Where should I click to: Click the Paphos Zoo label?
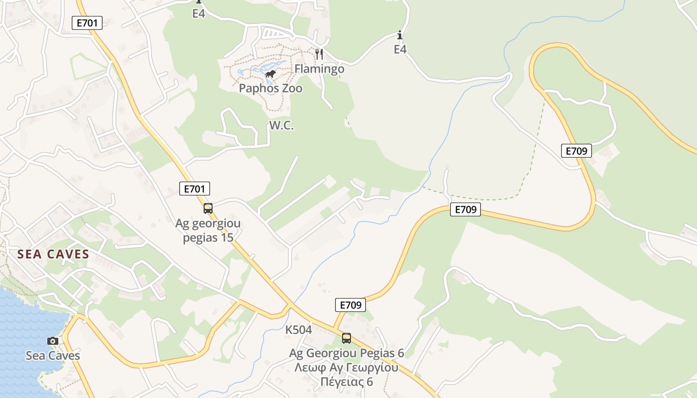270,89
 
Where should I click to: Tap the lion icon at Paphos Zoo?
270,75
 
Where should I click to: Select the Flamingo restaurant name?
319,69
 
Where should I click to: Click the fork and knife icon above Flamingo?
319,53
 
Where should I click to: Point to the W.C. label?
281,126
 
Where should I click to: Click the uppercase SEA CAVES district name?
53,255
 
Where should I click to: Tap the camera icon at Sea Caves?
53,341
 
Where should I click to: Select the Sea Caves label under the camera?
53,356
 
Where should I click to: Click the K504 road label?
298,330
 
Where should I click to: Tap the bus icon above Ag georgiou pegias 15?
208,208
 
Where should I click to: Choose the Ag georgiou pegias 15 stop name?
208,230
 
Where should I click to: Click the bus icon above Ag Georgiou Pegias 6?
347,338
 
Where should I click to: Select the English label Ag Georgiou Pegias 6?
347,353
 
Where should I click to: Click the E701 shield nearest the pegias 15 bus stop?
194,189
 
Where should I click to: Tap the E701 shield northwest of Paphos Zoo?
87,22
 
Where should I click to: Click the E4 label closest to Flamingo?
400,49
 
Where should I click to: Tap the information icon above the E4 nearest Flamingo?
400,35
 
